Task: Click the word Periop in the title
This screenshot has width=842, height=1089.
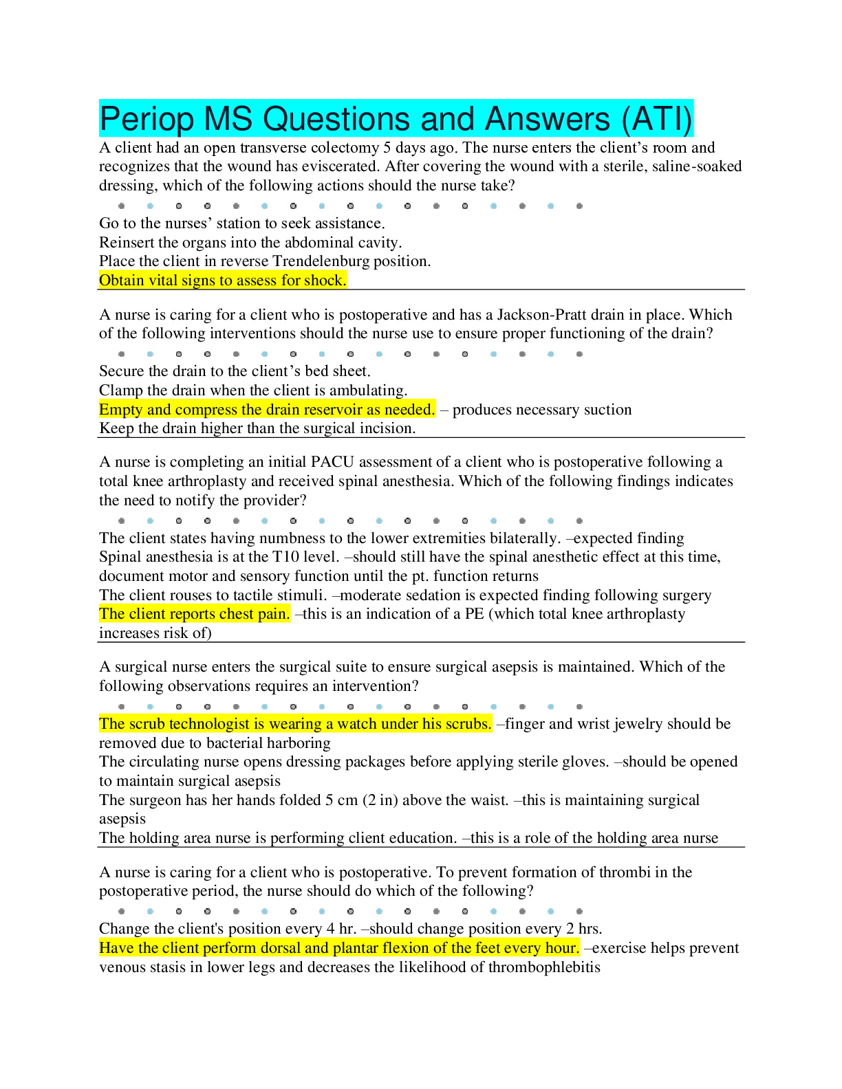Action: pos(147,119)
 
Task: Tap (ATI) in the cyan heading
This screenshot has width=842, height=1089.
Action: pos(657,119)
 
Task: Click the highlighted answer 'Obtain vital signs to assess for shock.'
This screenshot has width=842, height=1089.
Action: pos(223,280)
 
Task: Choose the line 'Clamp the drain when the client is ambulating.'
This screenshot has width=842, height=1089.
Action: pos(253,390)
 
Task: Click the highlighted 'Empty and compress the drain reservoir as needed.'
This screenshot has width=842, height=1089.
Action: pos(267,410)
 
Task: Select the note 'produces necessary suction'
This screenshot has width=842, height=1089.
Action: pos(542,410)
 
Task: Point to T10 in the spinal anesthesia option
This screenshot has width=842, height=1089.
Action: pos(286,557)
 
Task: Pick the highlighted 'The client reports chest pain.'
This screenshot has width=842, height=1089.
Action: pos(195,614)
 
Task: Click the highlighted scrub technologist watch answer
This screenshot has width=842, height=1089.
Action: pos(295,724)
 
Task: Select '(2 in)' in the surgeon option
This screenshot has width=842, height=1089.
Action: pos(378,800)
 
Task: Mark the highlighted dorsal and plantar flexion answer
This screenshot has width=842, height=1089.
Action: pos(339,948)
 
